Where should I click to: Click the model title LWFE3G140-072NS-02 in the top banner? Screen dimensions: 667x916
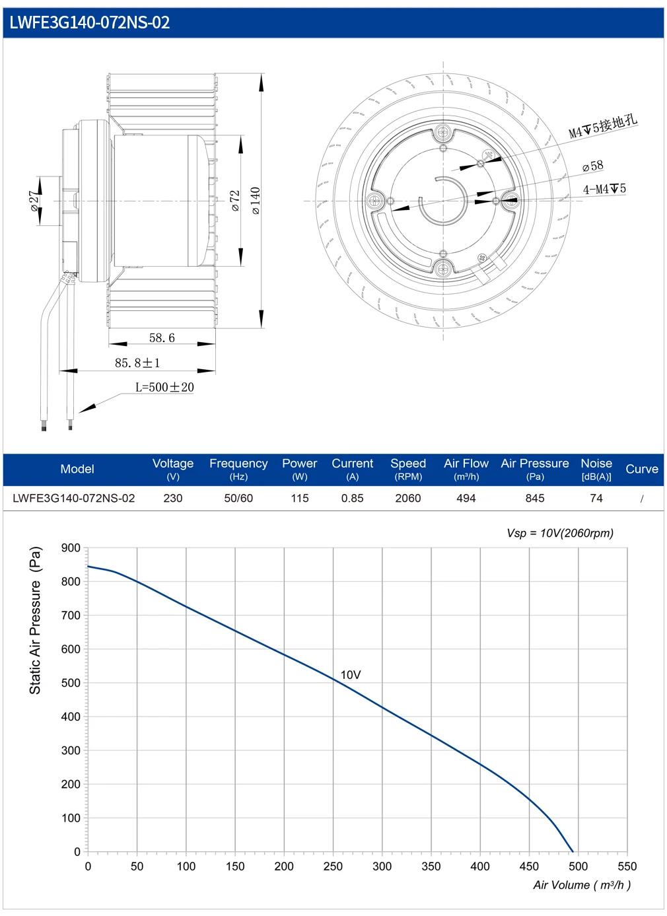pyautogui.click(x=90, y=22)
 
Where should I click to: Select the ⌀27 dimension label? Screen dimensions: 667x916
pyautogui.click(x=36, y=201)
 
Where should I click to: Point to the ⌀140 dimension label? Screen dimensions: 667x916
pyautogui.click(x=256, y=201)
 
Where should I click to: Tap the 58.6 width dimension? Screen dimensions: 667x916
pyautogui.click(x=162, y=337)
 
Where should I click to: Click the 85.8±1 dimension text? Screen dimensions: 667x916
pyautogui.click(x=137, y=363)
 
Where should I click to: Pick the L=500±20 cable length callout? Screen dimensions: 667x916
pyautogui.click(x=164, y=387)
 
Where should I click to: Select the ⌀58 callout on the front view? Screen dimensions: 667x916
pyautogui.click(x=592, y=166)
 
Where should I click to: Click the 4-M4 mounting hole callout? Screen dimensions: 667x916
pyautogui.click(x=604, y=189)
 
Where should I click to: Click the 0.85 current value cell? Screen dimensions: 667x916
pyautogui.click(x=353, y=498)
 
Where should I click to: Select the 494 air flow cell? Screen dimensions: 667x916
pyautogui.click(x=466, y=498)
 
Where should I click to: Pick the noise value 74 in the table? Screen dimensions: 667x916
pyautogui.click(x=596, y=498)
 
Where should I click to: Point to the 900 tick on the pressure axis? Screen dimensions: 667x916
pyautogui.click(x=71, y=548)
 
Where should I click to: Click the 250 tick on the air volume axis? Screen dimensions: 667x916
pyautogui.click(x=333, y=866)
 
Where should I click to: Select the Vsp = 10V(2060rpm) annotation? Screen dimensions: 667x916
pyautogui.click(x=560, y=533)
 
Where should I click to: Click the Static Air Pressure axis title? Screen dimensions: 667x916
pyautogui.click(x=35, y=620)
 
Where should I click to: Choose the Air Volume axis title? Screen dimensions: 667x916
pyautogui.click(x=582, y=885)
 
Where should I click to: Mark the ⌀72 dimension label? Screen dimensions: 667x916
pyautogui.click(x=235, y=201)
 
